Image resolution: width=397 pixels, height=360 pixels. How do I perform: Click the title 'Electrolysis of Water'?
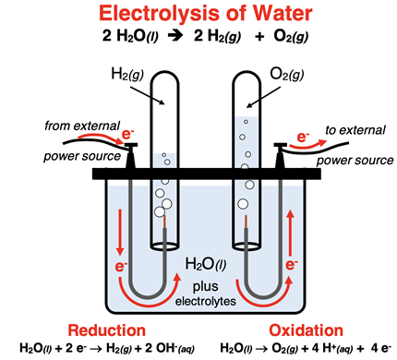[x=198, y=16]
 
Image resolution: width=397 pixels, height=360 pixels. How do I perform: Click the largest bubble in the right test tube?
[x=244, y=204]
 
